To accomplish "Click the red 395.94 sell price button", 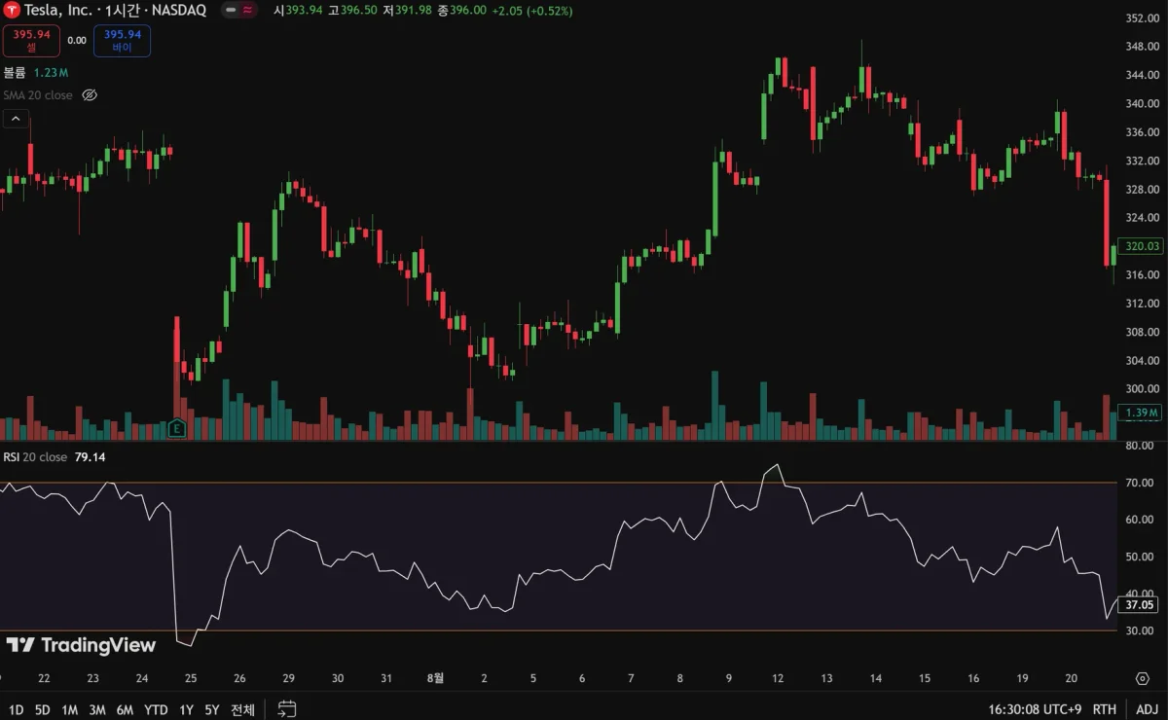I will coord(32,40).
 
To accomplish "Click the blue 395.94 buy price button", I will coord(122,40).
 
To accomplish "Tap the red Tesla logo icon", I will coord(10,10).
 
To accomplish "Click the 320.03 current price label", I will coord(1139,246).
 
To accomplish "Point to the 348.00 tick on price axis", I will coord(1140,47).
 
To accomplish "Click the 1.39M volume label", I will coord(1140,413).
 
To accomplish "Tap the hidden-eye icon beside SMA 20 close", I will coord(90,95).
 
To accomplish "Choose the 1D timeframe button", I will coord(17,709).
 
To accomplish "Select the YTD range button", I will coord(156,709).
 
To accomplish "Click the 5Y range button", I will coord(212,709).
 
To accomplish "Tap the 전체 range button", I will coord(242,709).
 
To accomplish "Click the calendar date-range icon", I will coord(286,709).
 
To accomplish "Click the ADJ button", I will coord(1147,709).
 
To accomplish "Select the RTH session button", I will coord(1105,709).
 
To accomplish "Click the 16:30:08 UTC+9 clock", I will coord(1033,709).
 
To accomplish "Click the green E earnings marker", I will coord(177,427).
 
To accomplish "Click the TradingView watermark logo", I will coord(81,645).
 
